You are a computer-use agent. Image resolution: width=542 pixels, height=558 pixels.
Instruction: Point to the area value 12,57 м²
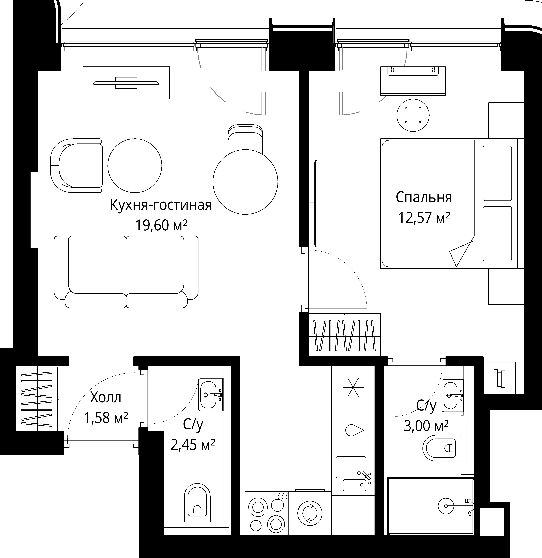coord(424,218)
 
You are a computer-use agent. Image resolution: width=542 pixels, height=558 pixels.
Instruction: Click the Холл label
coord(106,398)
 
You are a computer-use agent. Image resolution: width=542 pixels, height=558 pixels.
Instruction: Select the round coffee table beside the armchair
coord(135,166)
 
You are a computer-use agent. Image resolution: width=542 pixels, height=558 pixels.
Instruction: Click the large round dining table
coord(245,182)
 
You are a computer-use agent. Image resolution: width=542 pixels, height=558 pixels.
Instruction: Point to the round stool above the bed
coord(413,115)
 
